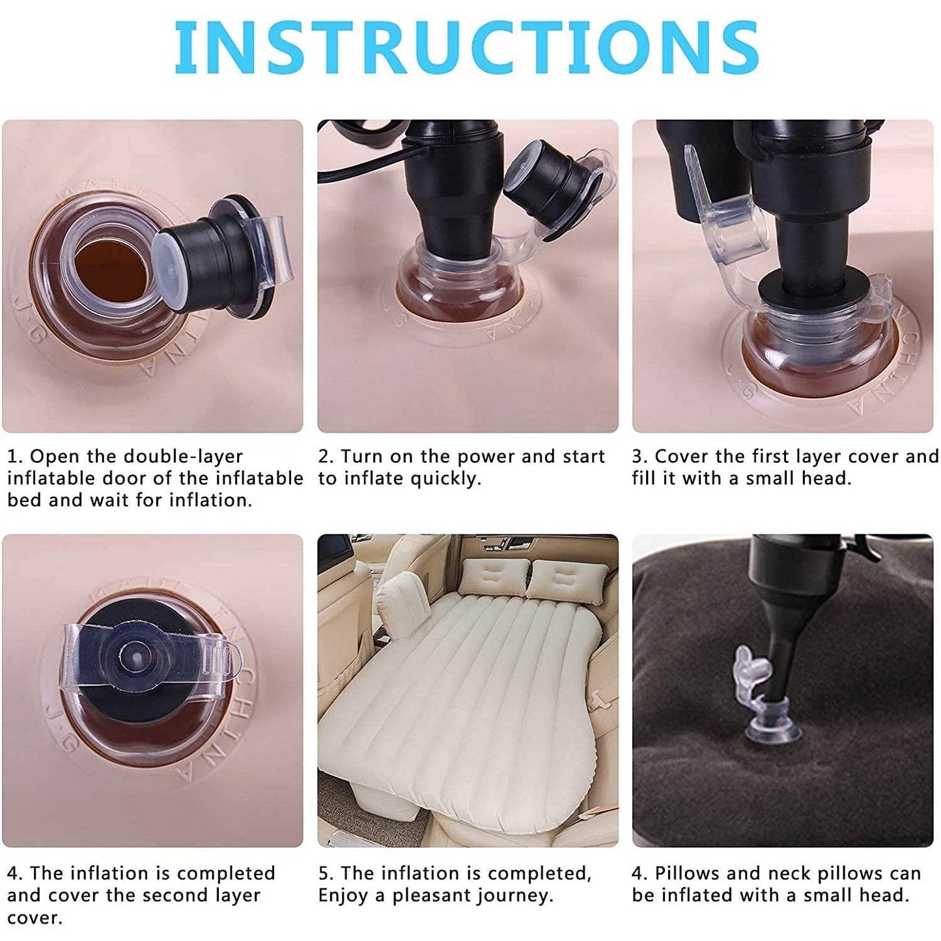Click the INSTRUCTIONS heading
tap(466, 47)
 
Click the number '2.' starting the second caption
tap(325, 456)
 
